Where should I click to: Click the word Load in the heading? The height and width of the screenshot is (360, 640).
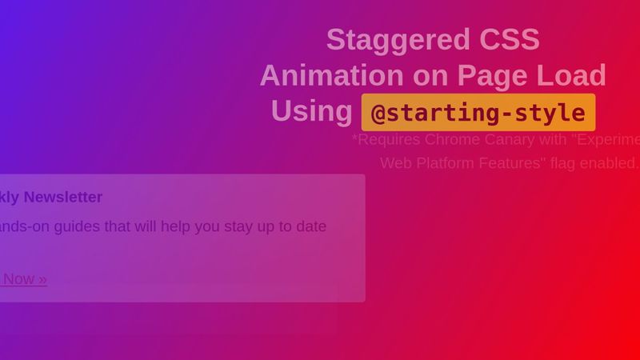[x=571, y=75]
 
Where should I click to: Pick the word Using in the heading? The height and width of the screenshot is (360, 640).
[x=311, y=111]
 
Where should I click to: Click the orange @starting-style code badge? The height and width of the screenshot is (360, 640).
[x=478, y=112]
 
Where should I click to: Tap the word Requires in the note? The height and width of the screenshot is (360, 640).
[x=387, y=139]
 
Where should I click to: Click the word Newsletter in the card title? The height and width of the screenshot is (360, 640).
[x=63, y=197]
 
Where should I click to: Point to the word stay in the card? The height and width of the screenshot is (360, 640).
[x=246, y=226]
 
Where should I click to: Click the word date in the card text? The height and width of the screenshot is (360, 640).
[x=310, y=226]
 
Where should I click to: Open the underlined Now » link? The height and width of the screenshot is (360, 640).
[x=24, y=278]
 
